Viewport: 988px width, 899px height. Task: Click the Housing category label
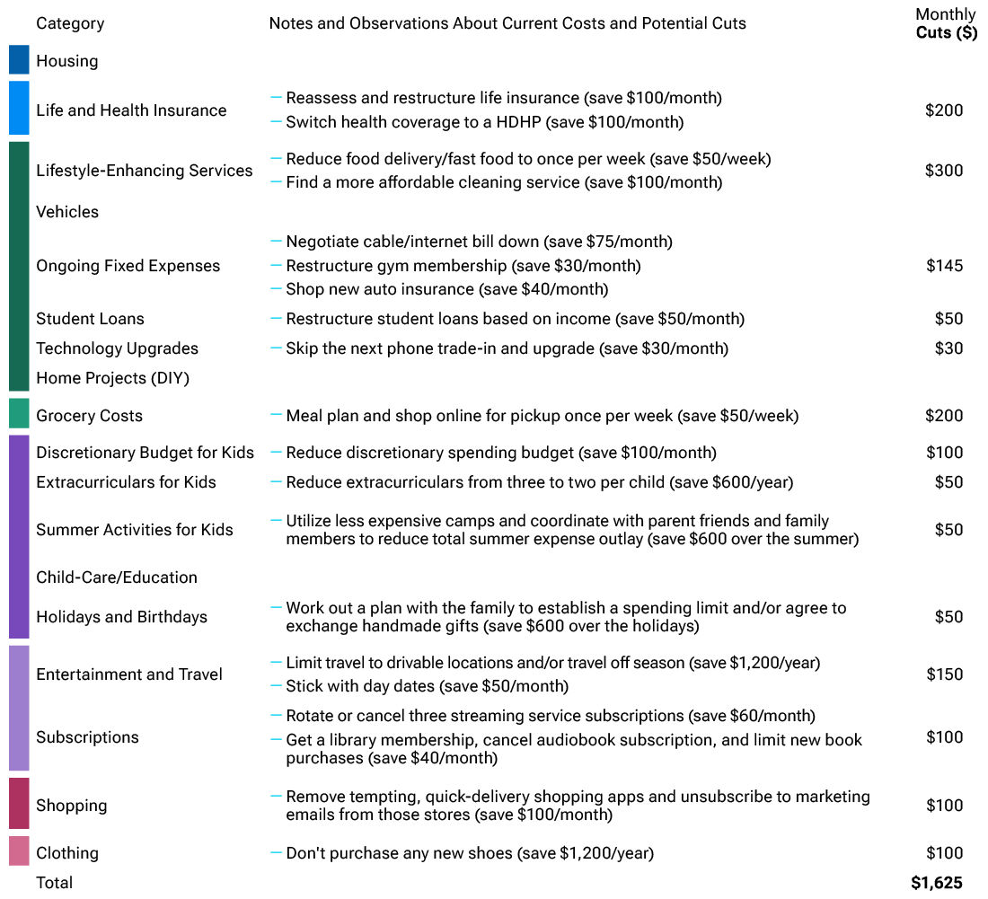pos(67,61)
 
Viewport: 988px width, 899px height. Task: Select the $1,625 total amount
pos(937,883)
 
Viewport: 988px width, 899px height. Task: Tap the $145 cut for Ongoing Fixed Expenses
pos(944,266)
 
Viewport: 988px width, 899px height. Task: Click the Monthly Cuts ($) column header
pos(946,23)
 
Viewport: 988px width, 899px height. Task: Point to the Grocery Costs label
pos(89,416)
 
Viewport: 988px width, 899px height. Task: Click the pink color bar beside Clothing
pos(19,851)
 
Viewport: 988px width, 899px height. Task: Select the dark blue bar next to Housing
pos(19,60)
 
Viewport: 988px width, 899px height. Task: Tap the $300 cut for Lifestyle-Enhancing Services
pos(944,171)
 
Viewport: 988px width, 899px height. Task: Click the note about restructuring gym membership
pos(463,266)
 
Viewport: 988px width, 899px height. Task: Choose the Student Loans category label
pos(90,319)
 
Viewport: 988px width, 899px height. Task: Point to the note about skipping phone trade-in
pos(507,348)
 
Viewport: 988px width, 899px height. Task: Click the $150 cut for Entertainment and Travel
pos(944,674)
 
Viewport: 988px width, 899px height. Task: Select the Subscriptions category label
pos(87,737)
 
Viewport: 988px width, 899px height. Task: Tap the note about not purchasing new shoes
pos(469,853)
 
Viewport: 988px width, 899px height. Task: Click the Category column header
pos(70,23)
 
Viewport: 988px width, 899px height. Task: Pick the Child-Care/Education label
pos(117,577)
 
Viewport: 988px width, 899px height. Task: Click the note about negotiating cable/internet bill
pos(479,242)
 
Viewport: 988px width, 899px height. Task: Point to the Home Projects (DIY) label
pos(112,378)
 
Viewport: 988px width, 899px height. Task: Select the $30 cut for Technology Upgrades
pos(948,348)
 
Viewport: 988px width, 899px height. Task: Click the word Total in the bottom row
pos(55,883)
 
